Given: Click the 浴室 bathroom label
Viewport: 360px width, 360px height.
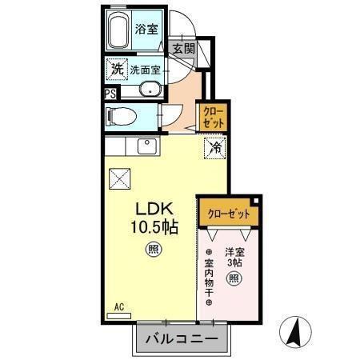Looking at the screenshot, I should coord(146,30).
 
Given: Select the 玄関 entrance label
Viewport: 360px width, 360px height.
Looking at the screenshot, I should coord(183,48).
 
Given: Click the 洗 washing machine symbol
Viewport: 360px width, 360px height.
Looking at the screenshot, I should coord(117,70).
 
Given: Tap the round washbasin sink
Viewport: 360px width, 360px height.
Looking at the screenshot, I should coord(149,90).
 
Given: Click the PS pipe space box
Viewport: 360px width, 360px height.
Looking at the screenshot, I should coord(110,92).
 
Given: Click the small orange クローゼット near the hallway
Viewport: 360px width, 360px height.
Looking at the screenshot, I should coord(213,118).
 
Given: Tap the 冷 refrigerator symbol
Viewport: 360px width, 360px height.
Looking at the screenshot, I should coord(214,147).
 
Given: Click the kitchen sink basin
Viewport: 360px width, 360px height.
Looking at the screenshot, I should coord(146,146).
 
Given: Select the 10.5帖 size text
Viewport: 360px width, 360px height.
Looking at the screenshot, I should coord(154,226).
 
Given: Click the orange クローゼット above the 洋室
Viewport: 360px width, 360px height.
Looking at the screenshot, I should coord(229,214).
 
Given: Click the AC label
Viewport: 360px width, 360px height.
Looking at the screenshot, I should coord(118,306).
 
